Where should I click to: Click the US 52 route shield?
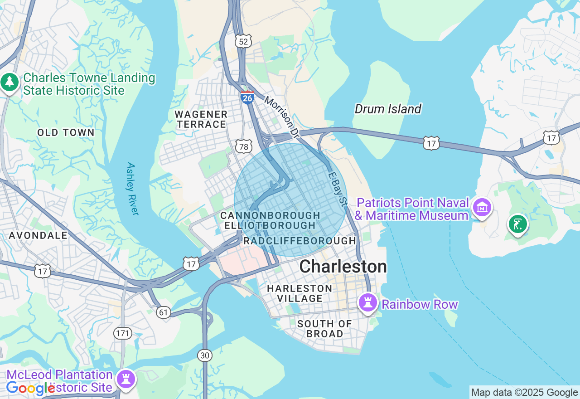(x=243, y=42)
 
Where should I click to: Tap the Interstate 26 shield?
(x=247, y=97)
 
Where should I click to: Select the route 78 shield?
(x=244, y=146)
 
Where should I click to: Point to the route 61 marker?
(x=163, y=312)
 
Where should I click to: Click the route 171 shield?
(x=123, y=334)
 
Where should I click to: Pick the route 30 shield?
(x=205, y=355)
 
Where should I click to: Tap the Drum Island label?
(x=388, y=109)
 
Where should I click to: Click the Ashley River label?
(x=132, y=189)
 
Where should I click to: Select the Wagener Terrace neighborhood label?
(x=201, y=119)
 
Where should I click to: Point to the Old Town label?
(x=66, y=132)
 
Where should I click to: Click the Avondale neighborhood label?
(x=38, y=235)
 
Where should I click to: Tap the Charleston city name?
(x=343, y=267)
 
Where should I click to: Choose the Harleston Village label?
(x=300, y=293)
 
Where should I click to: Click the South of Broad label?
(x=324, y=329)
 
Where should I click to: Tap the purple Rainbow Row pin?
(x=367, y=302)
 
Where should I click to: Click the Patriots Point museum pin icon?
(x=482, y=208)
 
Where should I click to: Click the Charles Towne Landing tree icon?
(x=10, y=83)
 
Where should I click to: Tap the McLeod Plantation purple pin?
(x=126, y=379)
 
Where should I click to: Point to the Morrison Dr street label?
(x=282, y=117)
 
